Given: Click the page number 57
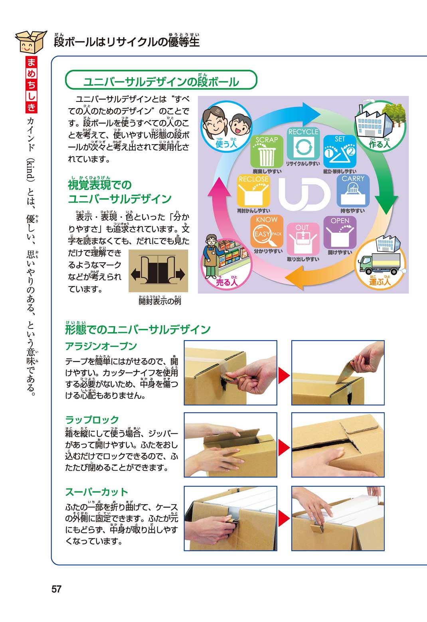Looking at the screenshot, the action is [56, 589].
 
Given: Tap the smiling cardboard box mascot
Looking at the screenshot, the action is [31, 42].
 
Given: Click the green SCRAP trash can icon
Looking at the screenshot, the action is [267, 151].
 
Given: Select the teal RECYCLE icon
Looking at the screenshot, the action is [303, 144].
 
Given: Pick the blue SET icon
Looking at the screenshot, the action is [340, 151].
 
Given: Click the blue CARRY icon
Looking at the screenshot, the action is [353, 190].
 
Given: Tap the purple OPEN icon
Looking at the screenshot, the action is [340, 232].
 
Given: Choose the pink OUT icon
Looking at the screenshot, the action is [303, 239].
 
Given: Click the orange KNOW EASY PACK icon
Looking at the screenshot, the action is [267, 231].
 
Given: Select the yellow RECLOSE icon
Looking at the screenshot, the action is [253, 190].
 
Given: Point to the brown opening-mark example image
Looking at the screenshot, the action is [158, 271].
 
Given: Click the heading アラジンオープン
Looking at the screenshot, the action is [101, 346].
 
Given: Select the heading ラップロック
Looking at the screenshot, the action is [92, 420].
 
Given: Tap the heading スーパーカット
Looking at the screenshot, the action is [97, 492].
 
